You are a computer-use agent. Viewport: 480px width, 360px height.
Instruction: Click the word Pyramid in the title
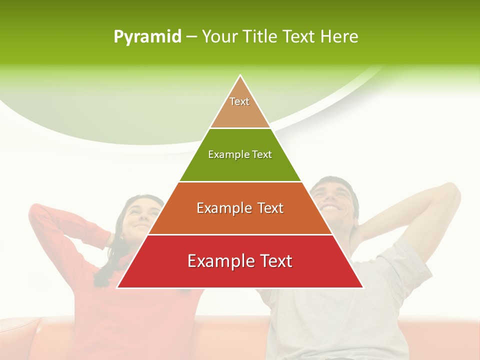pos(147,37)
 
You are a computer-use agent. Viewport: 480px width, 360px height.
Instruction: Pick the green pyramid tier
pos(240,167)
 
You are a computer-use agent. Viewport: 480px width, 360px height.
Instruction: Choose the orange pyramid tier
pos(240,220)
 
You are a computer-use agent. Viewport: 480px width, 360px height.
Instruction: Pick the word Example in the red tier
pos(217,261)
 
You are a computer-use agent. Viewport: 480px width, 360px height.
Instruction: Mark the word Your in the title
pos(219,36)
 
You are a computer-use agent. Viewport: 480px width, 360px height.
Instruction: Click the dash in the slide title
pos(191,36)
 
